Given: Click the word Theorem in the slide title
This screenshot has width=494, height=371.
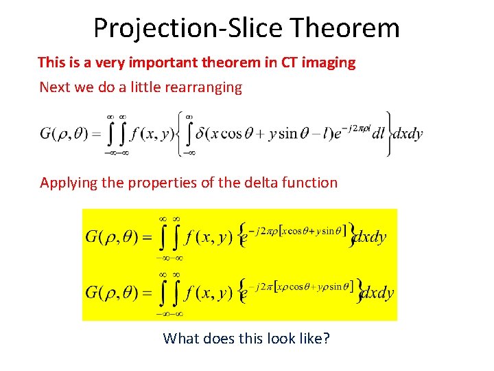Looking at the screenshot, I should tap(345, 28).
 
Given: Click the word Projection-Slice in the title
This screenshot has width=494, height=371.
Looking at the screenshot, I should tap(189, 28).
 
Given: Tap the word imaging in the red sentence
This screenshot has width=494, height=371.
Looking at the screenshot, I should tap(329, 63).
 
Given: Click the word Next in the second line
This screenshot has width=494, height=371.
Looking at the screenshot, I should tap(55, 87).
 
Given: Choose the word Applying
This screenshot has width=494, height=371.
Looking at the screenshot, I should tap(69, 183).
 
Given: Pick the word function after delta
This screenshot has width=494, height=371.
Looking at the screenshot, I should tap(303, 183).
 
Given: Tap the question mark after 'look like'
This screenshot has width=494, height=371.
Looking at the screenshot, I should tap(326, 338).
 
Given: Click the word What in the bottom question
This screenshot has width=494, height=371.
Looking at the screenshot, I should tap(181, 338).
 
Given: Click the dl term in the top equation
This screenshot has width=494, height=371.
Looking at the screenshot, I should tap(378, 135).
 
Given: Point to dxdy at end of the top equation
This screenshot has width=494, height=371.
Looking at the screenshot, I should tap(408, 134).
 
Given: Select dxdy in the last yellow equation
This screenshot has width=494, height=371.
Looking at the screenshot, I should tap(377, 293).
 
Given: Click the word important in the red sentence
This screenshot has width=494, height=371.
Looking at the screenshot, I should tap(164, 63).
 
